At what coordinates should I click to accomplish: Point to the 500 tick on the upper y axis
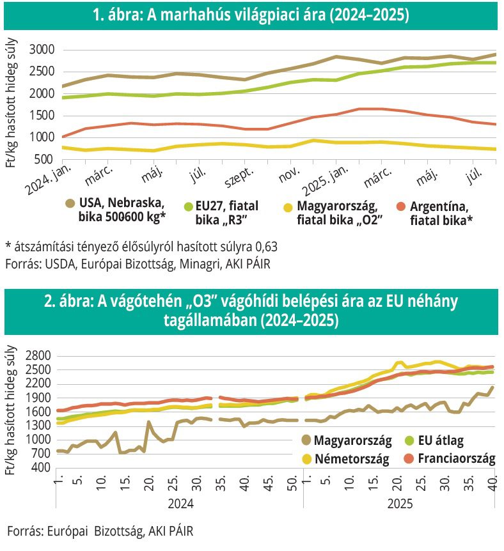point(45,159)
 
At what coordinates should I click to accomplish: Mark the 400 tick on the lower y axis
point(45,467)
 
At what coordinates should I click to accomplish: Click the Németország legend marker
point(306,458)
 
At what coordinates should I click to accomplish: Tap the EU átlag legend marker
point(409,440)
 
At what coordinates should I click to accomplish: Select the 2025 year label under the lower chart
point(400,504)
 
